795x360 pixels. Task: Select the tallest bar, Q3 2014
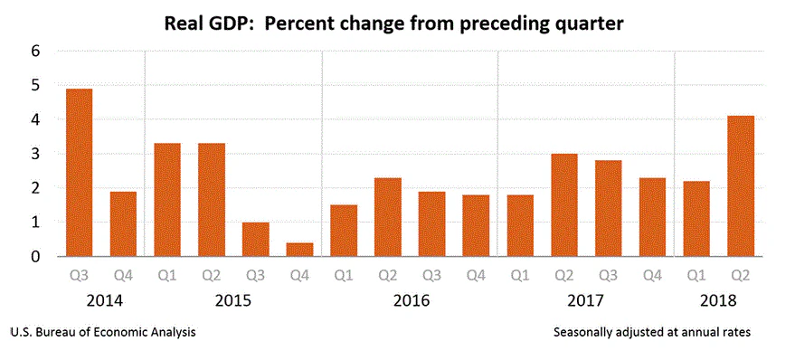click(x=79, y=172)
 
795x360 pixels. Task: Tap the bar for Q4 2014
click(x=123, y=223)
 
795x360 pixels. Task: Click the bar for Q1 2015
click(x=167, y=199)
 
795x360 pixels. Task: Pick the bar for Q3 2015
click(x=255, y=239)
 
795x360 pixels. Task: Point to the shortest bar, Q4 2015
click(x=299, y=249)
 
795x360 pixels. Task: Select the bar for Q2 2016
click(x=387, y=216)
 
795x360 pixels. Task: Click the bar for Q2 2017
click(x=563, y=204)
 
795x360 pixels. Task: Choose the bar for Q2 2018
click(x=740, y=185)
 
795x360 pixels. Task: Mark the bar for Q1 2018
click(x=696, y=218)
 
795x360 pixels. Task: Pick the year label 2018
click(x=718, y=299)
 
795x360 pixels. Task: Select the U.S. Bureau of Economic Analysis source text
click(x=103, y=333)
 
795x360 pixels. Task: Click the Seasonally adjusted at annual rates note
click(x=651, y=333)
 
